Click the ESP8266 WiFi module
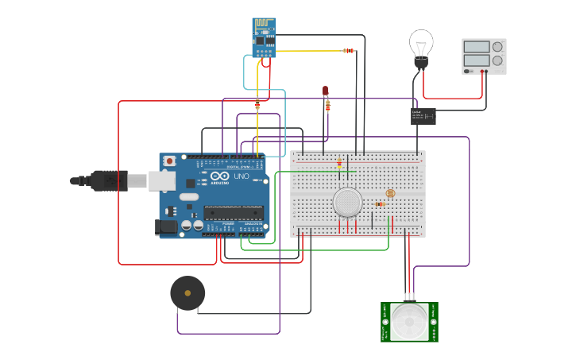(x=264, y=37)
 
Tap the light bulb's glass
(x=421, y=43)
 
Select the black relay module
(x=423, y=116)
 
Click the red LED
(x=325, y=91)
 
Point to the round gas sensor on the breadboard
(x=347, y=202)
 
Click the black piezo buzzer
(x=187, y=293)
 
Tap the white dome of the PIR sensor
(x=409, y=322)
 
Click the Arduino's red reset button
(x=169, y=161)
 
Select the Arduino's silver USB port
(x=161, y=181)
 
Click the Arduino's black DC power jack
(x=167, y=227)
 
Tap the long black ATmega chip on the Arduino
(x=233, y=212)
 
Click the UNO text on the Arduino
(x=241, y=176)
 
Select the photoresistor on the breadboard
(x=389, y=193)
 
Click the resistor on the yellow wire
(x=348, y=51)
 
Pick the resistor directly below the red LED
(x=327, y=106)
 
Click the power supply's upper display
(x=477, y=48)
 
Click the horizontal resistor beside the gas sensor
(x=380, y=204)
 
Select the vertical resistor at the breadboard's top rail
(x=339, y=163)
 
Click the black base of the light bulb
(x=421, y=63)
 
